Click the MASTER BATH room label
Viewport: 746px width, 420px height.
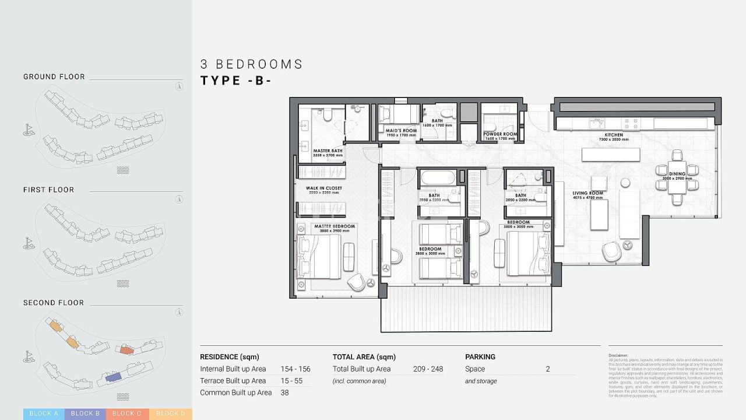pyautogui.click(x=328, y=150)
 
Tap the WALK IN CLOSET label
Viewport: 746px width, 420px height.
pyautogui.click(x=324, y=188)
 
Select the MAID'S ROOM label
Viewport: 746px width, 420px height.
pyautogui.click(x=401, y=131)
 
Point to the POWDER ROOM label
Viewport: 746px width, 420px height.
pyautogui.click(x=500, y=134)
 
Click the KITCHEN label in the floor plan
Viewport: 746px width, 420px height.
pyautogui.click(x=613, y=135)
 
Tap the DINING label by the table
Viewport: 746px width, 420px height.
pyautogui.click(x=677, y=174)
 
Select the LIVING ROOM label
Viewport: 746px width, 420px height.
pyautogui.click(x=587, y=193)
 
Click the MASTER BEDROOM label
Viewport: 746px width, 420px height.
pyautogui.click(x=334, y=226)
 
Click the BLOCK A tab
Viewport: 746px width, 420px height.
pyautogui.click(x=44, y=414)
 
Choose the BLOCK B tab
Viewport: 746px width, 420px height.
pyautogui.click(x=85, y=414)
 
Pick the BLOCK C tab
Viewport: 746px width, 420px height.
pyautogui.click(x=127, y=414)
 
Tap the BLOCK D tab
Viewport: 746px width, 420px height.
pyautogui.click(x=170, y=414)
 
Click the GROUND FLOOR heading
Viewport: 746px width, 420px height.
pyautogui.click(x=54, y=76)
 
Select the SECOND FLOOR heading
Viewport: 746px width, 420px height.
pyautogui.click(x=54, y=303)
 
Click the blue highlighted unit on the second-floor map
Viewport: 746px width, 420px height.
pyautogui.click(x=113, y=378)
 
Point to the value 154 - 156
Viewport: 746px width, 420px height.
pyautogui.click(x=295, y=369)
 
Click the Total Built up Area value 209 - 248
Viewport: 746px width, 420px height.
pyautogui.click(x=428, y=369)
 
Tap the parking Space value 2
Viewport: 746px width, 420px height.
pyautogui.click(x=548, y=369)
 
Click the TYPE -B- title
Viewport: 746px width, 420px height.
pyautogui.click(x=236, y=81)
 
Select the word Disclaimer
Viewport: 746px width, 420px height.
pyautogui.click(x=618, y=355)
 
